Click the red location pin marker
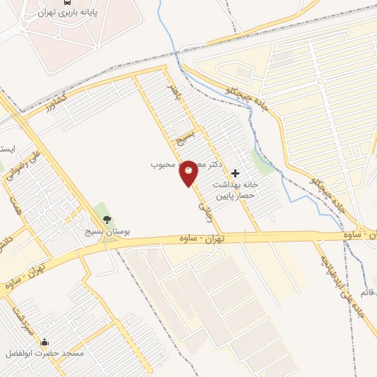(188, 172)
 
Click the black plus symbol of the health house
(235, 172)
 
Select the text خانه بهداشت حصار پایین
(234, 190)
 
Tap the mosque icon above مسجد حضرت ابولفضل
(45, 342)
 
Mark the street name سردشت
(22, 316)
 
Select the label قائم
(366, 292)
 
